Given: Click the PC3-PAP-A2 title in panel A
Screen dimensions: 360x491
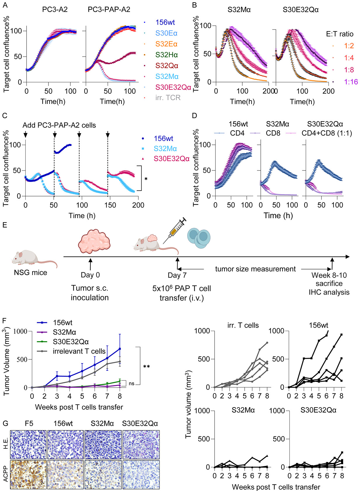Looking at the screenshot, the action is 109,10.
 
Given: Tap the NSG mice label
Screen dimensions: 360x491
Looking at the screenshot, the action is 30,272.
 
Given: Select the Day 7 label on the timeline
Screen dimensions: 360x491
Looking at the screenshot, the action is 177,275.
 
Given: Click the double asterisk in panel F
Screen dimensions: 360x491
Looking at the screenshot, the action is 146,367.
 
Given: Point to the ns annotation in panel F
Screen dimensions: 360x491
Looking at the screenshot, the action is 132,384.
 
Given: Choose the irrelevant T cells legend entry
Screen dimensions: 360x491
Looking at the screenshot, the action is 79,351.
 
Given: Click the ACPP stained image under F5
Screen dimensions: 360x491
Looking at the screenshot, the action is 28,475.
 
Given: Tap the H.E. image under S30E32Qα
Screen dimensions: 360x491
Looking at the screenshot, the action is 141,445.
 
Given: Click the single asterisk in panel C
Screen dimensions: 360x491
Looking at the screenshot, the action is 146,179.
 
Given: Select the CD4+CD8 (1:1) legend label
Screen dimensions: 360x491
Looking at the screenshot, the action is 327,133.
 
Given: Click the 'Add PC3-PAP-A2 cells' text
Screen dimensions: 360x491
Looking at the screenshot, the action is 59,125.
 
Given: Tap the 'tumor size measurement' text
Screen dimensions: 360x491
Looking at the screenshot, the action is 255,269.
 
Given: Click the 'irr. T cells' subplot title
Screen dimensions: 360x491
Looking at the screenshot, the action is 243,325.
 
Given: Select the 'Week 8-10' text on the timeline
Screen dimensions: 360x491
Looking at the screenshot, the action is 329,275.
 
